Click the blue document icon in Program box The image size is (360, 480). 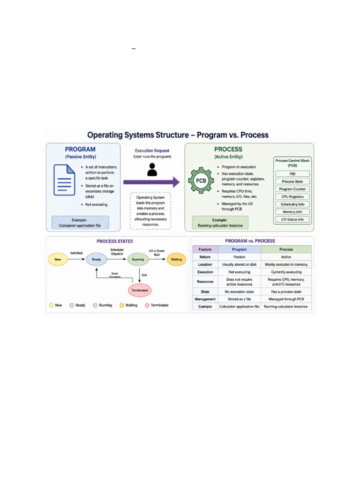[x=64, y=180]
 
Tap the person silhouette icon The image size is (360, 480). [x=152, y=169]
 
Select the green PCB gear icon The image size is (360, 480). [x=201, y=180]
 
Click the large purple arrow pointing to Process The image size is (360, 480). [x=151, y=182]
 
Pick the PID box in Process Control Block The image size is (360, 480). [x=292, y=174]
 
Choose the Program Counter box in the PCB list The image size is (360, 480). [x=292, y=189]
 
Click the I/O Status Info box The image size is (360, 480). [x=292, y=219]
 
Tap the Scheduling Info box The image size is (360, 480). [x=292, y=204]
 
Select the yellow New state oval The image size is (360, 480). [x=58, y=259]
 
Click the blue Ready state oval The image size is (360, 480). [x=97, y=259]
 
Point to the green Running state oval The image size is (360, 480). [x=138, y=259]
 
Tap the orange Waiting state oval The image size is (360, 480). [x=176, y=259]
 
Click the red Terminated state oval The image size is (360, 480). [x=140, y=290]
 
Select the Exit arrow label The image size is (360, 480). [x=144, y=275]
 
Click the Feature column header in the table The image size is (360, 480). [x=205, y=249]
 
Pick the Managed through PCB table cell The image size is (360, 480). [x=286, y=299]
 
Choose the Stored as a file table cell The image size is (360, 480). [x=239, y=299]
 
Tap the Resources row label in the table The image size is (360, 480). [x=205, y=282]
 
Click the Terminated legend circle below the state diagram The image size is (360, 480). [x=147, y=305]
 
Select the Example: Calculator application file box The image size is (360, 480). [x=80, y=223]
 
